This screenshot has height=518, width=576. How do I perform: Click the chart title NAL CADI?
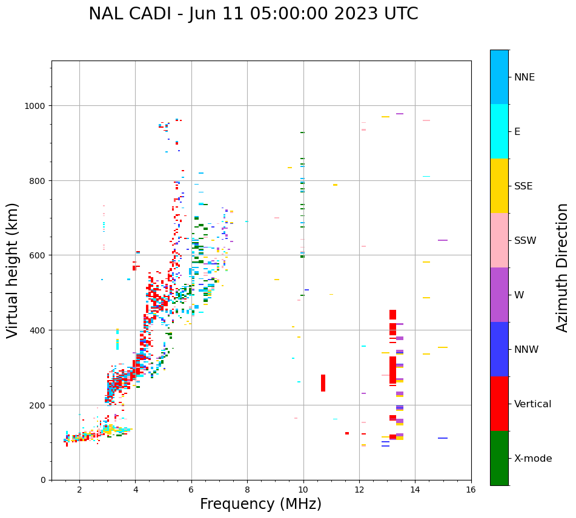tap(253, 14)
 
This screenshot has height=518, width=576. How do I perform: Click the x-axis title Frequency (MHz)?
tap(260, 504)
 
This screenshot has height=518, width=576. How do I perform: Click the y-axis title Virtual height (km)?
tap(13, 270)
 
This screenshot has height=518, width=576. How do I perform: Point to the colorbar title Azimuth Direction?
tap(563, 267)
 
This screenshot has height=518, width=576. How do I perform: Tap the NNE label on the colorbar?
tap(525, 77)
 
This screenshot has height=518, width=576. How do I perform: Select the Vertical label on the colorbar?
tap(532, 404)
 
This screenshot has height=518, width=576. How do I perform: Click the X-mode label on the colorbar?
tap(533, 459)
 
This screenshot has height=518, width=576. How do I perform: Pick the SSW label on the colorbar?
tap(525, 241)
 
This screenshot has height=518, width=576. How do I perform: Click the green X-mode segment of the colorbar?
tap(499, 458)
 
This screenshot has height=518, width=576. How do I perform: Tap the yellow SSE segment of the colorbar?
tap(499, 186)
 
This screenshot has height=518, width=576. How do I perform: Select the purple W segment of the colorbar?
tap(499, 295)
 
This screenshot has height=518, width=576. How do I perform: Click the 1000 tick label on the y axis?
tap(35, 106)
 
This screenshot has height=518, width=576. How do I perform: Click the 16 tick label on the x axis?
tap(471, 491)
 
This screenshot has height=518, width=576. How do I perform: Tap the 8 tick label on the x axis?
tap(247, 491)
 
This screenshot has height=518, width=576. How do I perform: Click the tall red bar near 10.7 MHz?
tap(323, 383)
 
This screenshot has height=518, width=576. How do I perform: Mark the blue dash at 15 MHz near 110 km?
tap(443, 438)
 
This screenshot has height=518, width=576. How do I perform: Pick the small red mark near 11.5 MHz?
tap(347, 433)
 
